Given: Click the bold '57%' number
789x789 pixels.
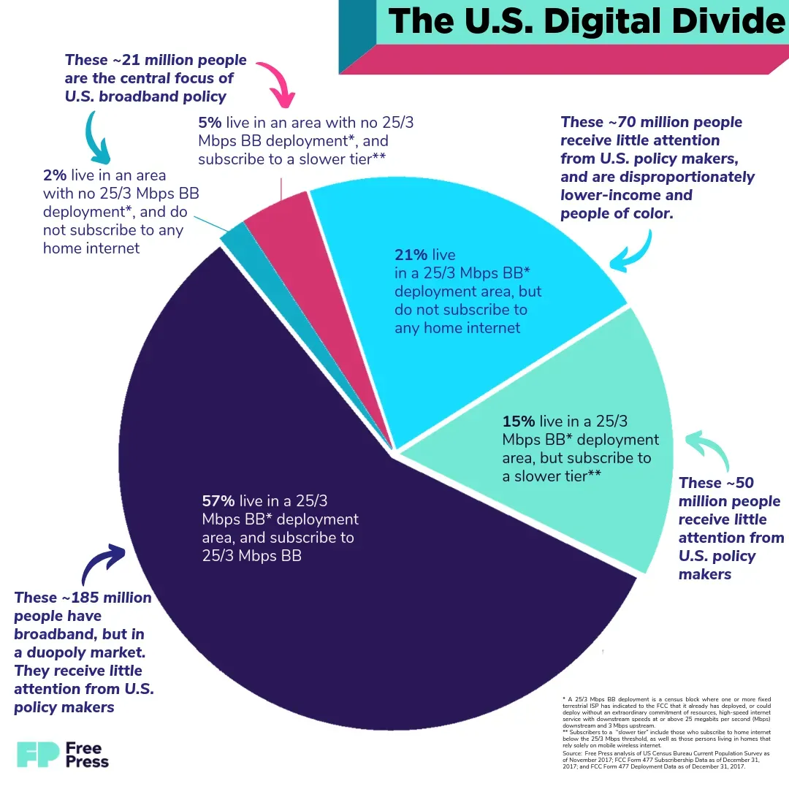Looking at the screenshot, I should coord(218,501).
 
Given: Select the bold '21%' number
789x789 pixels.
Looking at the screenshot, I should coord(411,255).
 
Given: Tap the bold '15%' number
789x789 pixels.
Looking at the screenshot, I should coord(518,422).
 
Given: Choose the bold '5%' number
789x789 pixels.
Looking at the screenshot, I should coord(210,123).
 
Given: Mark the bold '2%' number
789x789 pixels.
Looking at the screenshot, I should coord(55,175).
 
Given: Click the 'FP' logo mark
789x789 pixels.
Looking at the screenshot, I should coord(37,754).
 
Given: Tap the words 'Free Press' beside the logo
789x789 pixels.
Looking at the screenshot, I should coord(87,755).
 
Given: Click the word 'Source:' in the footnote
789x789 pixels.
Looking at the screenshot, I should coord(572,752).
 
